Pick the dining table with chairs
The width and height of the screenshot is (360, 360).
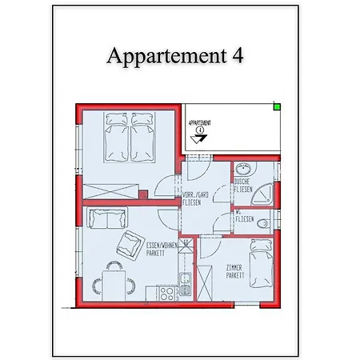click(x=114, y=283)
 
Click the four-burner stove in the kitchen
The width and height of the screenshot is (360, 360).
click(x=166, y=293)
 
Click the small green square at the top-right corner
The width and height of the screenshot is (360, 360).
click(x=277, y=106)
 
